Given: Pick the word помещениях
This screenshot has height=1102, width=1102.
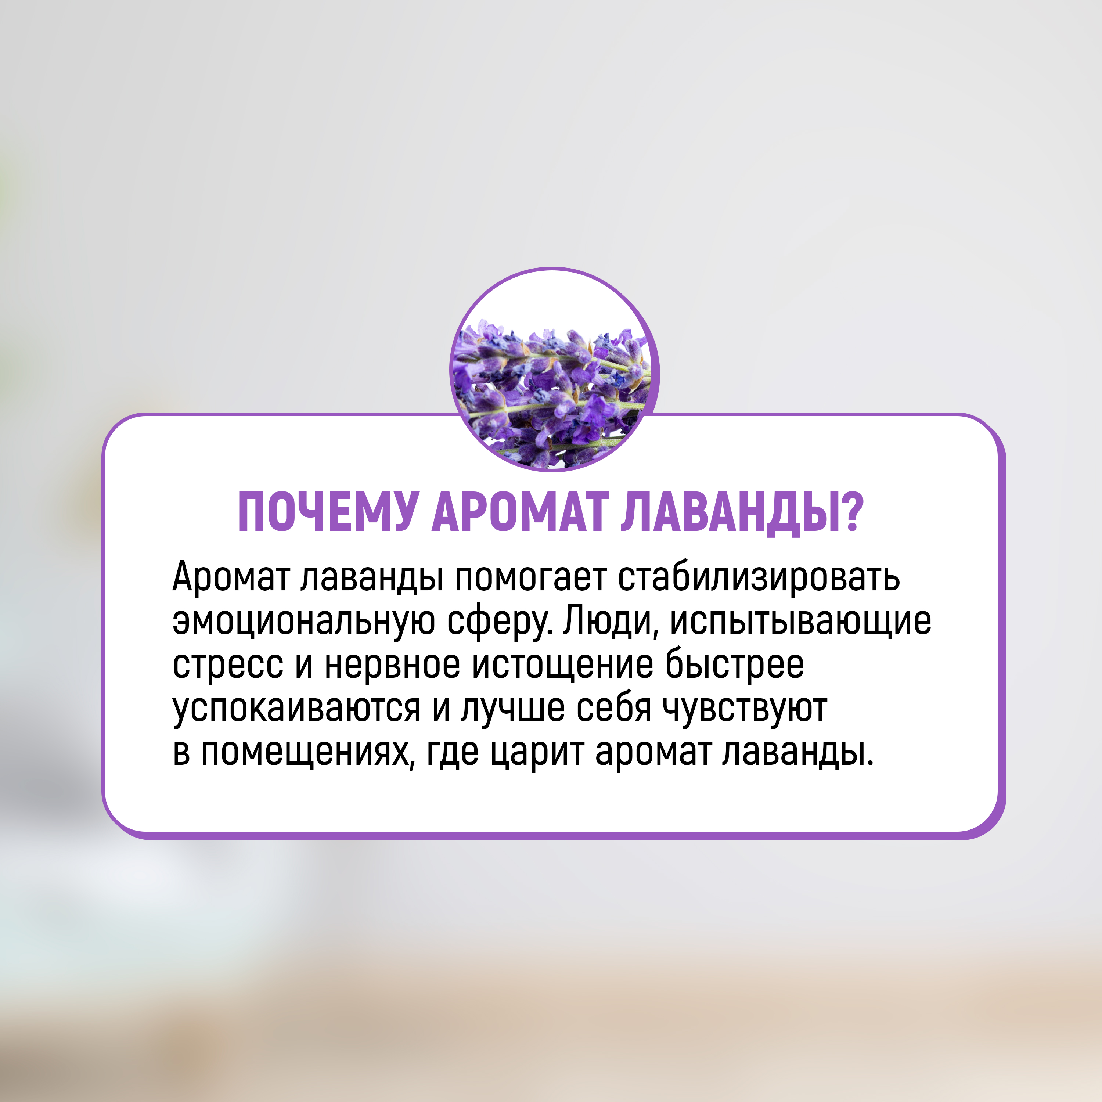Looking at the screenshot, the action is (x=306, y=753).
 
